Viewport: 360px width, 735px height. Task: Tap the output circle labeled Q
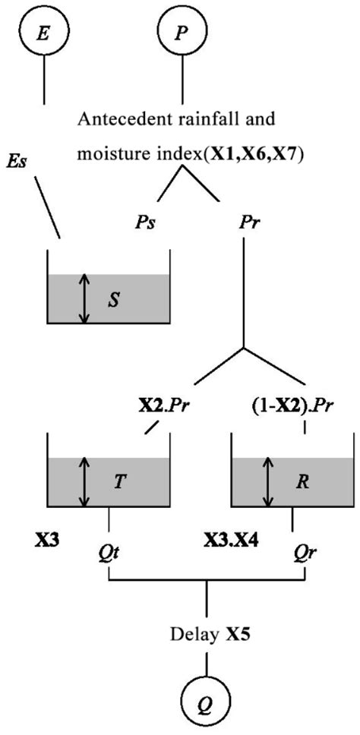pyautogui.click(x=206, y=695)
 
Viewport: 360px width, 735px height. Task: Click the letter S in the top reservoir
pyautogui.click(x=113, y=298)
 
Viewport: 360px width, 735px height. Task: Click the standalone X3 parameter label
pyautogui.click(x=47, y=541)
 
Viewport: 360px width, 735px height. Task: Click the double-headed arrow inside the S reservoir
pyautogui.click(x=84, y=298)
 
